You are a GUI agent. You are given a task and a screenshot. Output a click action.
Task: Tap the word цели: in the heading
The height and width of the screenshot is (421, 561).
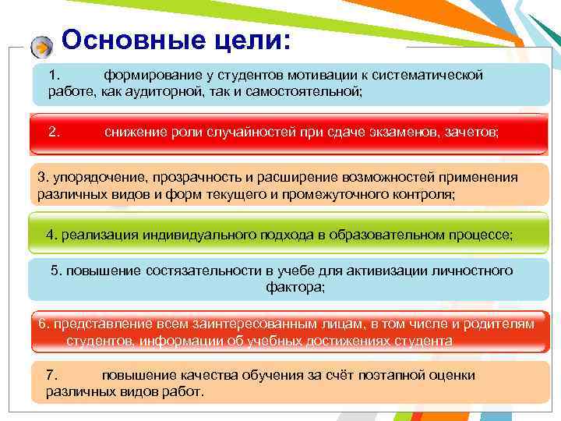249,41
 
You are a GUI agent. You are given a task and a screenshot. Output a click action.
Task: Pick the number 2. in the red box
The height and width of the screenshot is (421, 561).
54,133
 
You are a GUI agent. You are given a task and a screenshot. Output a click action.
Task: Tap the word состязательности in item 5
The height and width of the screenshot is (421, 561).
195,271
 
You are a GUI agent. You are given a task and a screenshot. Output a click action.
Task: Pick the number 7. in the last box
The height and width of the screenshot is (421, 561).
52,375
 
